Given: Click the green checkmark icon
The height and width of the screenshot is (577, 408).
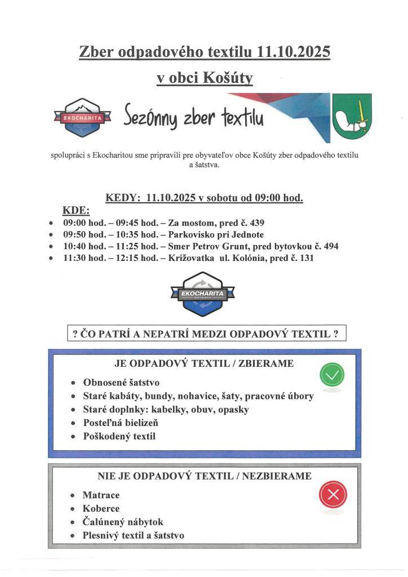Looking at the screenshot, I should (332, 375).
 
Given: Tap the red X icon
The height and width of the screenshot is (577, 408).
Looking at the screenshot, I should (332, 495).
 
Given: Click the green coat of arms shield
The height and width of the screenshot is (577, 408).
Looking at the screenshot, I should (351, 118).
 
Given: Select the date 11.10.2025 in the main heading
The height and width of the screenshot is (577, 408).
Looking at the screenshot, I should (293, 52).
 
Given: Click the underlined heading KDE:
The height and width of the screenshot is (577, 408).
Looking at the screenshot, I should (76, 210).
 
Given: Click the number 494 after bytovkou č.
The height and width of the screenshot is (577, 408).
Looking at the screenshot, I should (330, 246).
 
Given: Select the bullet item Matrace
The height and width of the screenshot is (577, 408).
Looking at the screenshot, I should (101, 495).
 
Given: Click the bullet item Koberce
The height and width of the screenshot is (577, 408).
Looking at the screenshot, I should (101, 508).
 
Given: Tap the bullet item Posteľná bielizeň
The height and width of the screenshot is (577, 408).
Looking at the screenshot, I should (121, 423).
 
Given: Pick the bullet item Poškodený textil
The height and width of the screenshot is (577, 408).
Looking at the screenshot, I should (119, 436).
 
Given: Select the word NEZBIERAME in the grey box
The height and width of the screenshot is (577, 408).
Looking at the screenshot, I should (278, 476).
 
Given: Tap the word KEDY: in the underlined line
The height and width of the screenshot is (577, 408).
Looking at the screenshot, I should (122, 198).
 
